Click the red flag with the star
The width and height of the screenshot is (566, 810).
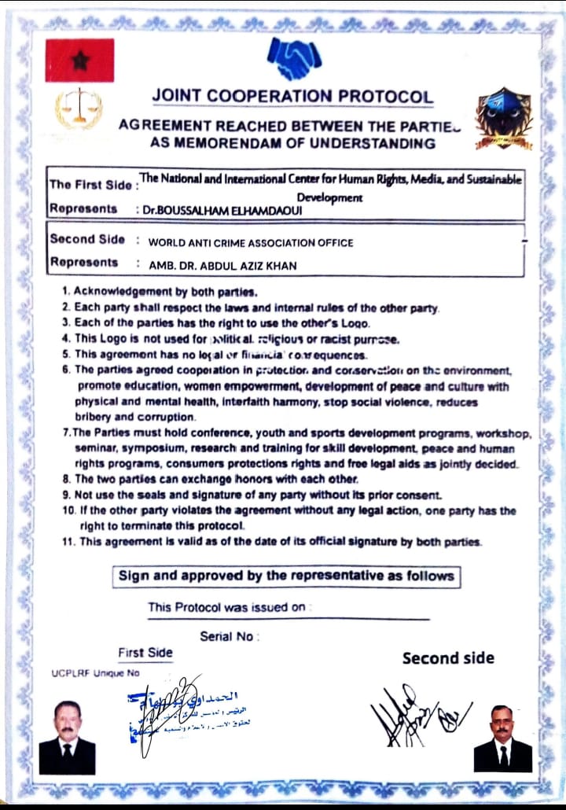79,61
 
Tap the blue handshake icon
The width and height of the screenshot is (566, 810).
294,58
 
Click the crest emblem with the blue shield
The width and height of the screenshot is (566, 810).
504,119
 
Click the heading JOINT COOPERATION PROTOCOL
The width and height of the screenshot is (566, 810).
292,96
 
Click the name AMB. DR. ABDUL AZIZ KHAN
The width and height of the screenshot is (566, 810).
222,266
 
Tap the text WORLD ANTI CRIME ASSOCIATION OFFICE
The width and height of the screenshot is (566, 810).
251,243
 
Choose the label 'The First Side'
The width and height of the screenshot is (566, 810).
92,185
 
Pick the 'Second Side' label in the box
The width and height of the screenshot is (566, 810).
86,239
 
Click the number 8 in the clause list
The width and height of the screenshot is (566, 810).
67,479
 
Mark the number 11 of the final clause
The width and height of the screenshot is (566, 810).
68,542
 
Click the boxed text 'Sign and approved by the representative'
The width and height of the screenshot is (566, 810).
286,576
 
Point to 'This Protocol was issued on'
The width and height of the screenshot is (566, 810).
226,607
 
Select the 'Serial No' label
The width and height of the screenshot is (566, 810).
228,636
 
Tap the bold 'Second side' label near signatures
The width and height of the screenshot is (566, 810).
448,658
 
